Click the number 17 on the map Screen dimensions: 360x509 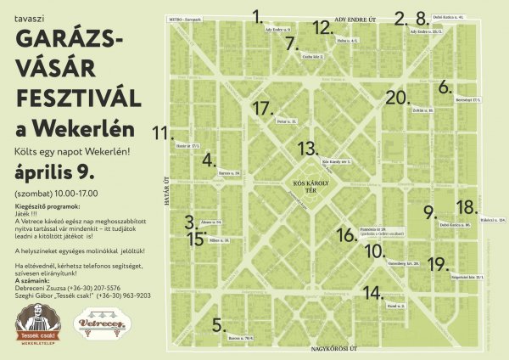265,108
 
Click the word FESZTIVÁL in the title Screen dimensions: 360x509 75,91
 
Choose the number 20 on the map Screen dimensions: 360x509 396,98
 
